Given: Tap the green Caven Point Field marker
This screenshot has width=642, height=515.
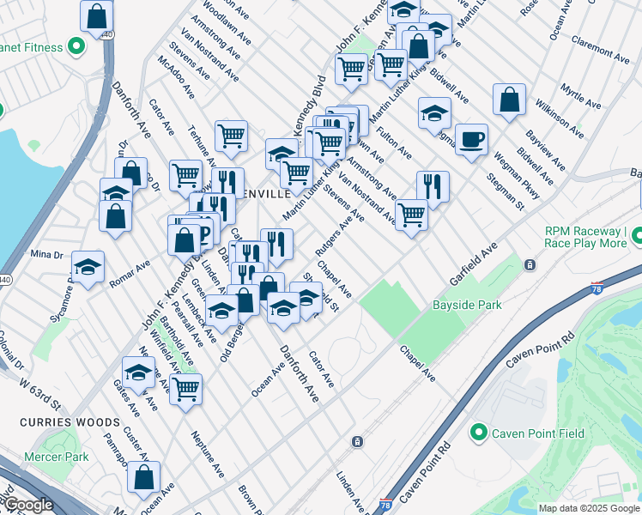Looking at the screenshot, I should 479,433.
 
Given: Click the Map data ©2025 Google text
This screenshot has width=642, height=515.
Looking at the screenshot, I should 589,508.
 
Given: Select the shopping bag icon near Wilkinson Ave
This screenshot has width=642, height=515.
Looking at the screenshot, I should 509,100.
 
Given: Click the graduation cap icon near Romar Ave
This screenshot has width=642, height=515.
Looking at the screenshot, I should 88,267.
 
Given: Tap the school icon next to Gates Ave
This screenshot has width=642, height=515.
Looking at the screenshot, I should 137,373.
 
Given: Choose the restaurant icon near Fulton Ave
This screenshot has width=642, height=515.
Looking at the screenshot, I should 433,186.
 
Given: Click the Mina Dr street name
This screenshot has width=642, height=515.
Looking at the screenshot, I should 46,254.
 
